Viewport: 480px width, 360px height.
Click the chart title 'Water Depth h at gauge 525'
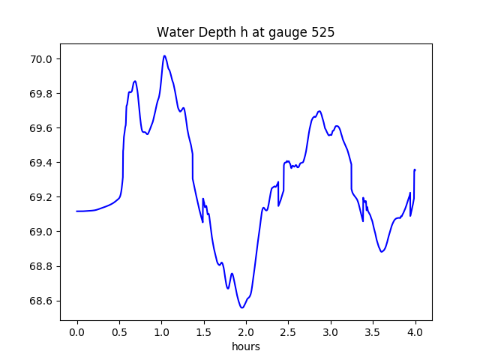point(245,33)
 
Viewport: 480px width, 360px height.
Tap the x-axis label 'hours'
point(245,346)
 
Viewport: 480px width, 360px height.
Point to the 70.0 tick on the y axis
point(41,59)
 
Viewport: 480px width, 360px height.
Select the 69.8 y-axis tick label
point(41,94)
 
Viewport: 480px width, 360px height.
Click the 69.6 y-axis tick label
point(41,128)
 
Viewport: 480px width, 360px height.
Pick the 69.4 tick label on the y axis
point(41,163)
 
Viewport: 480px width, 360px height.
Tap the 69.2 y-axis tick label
point(41,197)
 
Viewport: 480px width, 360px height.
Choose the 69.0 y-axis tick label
point(41,232)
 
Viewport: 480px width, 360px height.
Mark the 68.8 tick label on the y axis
point(41,266)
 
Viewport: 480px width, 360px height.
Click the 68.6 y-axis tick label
point(41,301)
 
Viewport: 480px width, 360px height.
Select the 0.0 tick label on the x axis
point(77,332)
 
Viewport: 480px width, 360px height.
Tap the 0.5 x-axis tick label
point(119,332)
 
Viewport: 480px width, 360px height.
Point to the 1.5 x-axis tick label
point(204,332)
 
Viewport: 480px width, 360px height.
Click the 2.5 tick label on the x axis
point(289,332)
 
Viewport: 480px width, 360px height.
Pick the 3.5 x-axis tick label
point(373,332)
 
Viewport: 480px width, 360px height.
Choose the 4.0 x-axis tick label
point(415,332)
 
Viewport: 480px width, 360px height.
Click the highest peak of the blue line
point(164,55)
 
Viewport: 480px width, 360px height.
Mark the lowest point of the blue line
point(241,307)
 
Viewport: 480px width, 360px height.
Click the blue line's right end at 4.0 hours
point(415,169)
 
